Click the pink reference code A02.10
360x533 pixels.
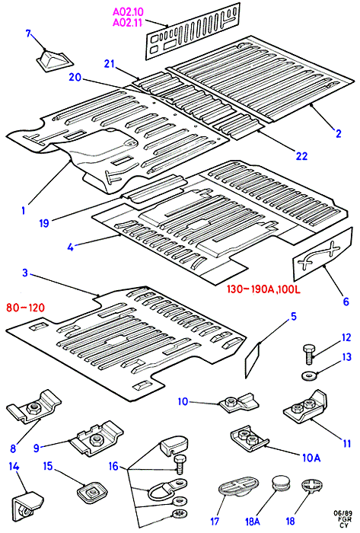128,12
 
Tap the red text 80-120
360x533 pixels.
25,308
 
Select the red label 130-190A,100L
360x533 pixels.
263,289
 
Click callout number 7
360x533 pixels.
28,34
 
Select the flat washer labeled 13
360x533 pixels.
309,376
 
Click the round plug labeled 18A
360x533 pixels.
281,483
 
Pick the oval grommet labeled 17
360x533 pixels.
239,486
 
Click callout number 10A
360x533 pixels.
311,458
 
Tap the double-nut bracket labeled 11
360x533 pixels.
305,407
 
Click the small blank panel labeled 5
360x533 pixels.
253,360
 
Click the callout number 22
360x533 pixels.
301,156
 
